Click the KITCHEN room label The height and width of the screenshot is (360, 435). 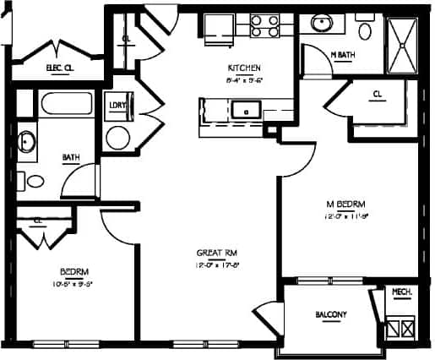[x=243, y=68]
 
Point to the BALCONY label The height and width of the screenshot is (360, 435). [x=331, y=314]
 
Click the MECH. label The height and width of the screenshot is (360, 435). [x=400, y=292]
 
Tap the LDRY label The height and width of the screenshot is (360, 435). [x=117, y=106]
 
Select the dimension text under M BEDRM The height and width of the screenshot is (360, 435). [x=346, y=215]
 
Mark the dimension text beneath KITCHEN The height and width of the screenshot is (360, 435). [x=243, y=80]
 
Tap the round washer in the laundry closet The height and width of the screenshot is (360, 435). [x=117, y=138]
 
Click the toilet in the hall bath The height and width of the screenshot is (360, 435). [x=35, y=179]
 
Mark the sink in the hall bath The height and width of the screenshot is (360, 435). [x=26, y=142]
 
